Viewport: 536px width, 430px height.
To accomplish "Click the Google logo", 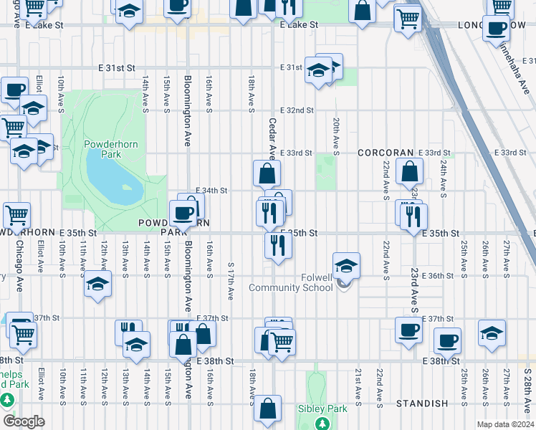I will [x=24, y=421].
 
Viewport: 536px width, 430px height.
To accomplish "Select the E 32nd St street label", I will [x=297, y=110].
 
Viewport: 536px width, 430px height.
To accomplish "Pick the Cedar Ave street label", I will [x=272, y=138].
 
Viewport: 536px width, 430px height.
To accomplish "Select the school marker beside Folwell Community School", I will [x=345, y=266].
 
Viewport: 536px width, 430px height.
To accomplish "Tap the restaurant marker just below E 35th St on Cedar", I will [x=277, y=244].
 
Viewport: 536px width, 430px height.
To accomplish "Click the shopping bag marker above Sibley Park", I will [x=267, y=408].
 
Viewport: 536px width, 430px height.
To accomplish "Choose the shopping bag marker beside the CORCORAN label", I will [x=409, y=172].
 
